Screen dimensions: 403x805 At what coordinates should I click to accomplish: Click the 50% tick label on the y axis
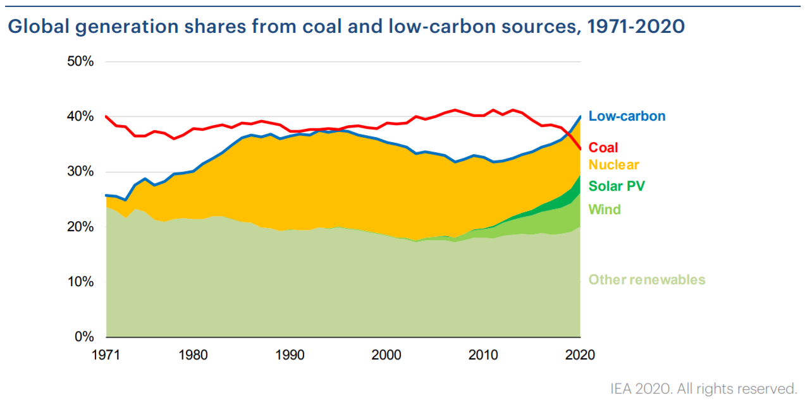(x=81, y=62)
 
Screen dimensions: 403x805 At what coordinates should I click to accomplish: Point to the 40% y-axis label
(x=81, y=117)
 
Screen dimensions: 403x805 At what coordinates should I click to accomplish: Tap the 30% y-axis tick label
(x=81, y=172)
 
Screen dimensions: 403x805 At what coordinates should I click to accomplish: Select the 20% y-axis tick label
(x=81, y=227)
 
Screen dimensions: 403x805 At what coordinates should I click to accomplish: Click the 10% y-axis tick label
(x=81, y=282)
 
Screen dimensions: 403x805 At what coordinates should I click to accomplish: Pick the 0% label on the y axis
(x=84, y=337)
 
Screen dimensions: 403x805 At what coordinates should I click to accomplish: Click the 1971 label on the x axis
(x=106, y=354)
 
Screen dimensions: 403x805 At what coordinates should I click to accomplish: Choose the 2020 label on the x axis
(x=580, y=354)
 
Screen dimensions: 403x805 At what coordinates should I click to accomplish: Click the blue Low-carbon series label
(x=627, y=116)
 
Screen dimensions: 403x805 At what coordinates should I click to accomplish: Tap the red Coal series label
(x=603, y=148)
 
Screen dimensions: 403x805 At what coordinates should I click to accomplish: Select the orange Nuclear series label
(x=614, y=165)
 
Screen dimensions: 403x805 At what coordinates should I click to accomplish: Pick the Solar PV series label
(x=617, y=186)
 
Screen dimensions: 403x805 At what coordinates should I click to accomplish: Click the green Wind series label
(x=605, y=209)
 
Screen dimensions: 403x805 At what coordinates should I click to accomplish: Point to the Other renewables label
(x=646, y=280)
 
